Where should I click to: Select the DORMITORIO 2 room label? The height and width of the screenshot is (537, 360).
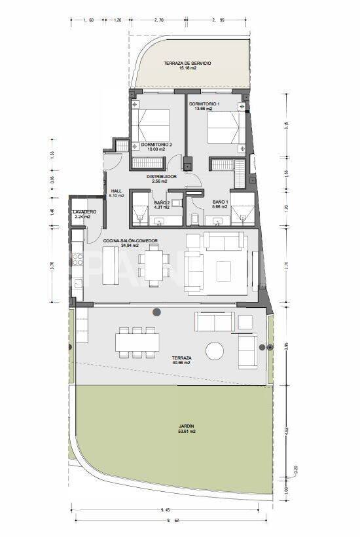(156, 144)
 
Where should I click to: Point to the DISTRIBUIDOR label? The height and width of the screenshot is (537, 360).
(161, 176)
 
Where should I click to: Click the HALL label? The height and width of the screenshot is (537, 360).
(117, 191)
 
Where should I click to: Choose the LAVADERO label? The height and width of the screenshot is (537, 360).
(85, 212)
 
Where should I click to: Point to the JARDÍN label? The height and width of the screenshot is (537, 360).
(187, 426)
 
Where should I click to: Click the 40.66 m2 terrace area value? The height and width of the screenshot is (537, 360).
(182, 363)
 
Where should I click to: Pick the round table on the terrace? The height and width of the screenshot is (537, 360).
(215, 351)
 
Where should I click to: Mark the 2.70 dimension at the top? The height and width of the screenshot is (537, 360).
(158, 20)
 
